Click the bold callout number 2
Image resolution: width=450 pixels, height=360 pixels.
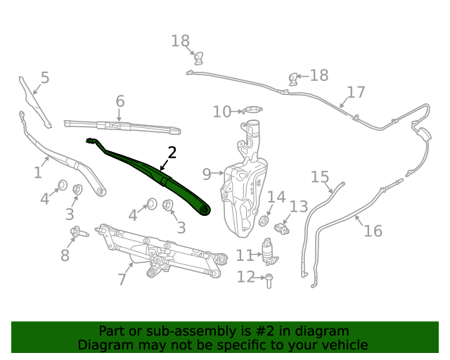(172, 153)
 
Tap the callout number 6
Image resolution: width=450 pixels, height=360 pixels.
(120, 101)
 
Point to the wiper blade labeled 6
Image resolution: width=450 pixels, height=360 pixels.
(123, 127)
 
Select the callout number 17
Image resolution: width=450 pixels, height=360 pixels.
(356, 92)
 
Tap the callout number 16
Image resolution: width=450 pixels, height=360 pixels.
(373, 231)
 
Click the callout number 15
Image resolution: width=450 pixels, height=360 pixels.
(320, 176)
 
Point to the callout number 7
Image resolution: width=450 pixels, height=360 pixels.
(122, 279)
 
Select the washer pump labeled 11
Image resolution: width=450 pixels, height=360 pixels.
(269, 252)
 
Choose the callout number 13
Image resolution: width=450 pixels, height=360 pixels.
(299, 207)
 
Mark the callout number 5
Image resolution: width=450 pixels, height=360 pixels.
(45, 77)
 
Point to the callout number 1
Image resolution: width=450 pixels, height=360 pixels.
(38, 172)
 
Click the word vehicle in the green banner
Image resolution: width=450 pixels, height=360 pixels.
(345, 345)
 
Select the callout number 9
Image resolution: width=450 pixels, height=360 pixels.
(206, 174)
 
